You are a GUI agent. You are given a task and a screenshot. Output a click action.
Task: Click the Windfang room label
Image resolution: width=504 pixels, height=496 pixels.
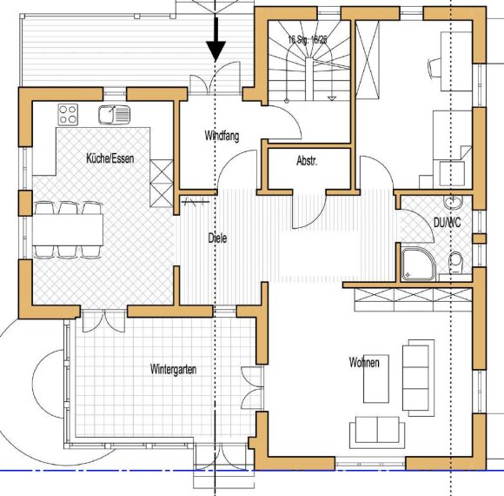222,136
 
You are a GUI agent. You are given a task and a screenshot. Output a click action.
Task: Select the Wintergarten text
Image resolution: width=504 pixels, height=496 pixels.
173,370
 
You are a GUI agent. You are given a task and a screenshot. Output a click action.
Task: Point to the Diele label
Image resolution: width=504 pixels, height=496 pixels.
217,238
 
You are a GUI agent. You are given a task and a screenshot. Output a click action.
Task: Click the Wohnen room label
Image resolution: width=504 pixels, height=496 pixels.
363,362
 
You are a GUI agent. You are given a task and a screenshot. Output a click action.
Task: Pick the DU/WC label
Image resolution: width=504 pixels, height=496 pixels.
448,224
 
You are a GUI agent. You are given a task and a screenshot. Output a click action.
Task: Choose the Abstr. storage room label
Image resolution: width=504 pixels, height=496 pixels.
307,161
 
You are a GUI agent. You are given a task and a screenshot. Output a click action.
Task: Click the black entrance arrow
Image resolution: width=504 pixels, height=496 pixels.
215,44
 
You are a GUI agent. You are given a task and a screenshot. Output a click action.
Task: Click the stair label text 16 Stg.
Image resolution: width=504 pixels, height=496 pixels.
307,40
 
